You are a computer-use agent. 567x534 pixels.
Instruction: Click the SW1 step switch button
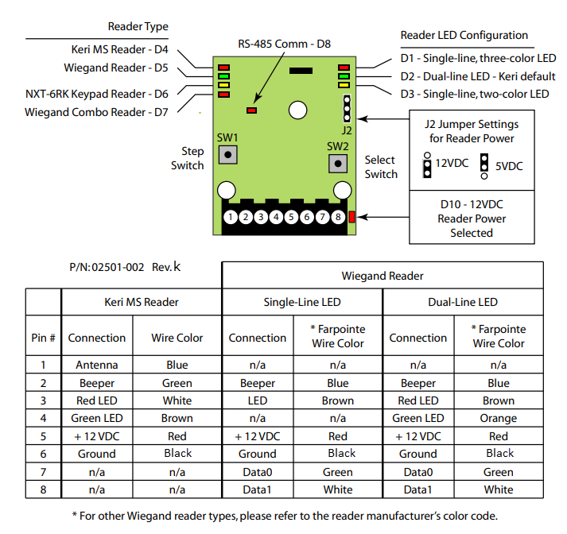[227, 155]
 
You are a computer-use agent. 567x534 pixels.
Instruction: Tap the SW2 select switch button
[338, 164]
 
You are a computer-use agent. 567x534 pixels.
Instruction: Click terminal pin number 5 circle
[292, 217]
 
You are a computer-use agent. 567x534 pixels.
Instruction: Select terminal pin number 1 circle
[231, 217]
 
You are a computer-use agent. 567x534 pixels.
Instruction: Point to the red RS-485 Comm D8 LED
[251, 110]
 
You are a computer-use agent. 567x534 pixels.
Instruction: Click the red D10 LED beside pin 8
[351, 217]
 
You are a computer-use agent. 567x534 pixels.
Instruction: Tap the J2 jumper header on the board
[347, 108]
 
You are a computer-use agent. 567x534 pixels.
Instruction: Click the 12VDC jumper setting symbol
[427, 165]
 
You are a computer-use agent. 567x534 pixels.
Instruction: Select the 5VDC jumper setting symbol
[484, 166]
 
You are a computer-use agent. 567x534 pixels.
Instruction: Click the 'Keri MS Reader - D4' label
[120, 49]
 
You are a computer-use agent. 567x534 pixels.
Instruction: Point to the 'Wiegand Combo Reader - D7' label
[96, 112]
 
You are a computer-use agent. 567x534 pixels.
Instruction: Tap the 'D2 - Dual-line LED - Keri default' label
[478, 76]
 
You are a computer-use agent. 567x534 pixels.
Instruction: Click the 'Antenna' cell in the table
[97, 365]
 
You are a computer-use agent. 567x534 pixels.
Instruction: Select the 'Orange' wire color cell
[499, 419]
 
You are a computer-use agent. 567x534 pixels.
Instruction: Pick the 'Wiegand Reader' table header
[383, 276]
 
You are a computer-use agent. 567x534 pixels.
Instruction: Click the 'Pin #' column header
[44, 338]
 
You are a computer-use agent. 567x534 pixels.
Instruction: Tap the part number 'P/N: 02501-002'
[107, 267]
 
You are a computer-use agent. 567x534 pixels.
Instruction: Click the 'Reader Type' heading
[138, 26]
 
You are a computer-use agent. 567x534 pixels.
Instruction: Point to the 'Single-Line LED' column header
[302, 302]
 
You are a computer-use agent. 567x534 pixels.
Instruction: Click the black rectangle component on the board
[301, 71]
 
